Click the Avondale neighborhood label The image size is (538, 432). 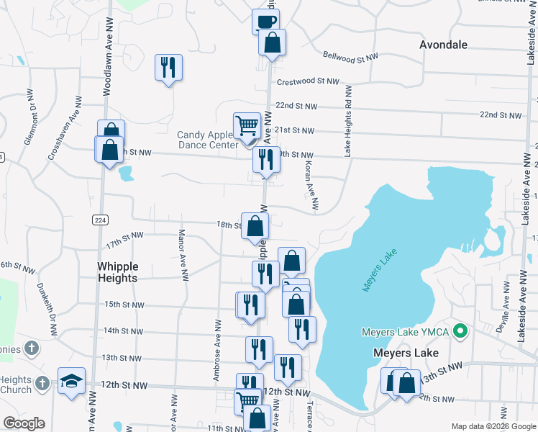coord(443,45)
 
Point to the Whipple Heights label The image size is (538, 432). coord(117,272)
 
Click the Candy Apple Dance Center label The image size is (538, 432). coord(208,140)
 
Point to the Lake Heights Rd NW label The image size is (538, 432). coord(348,121)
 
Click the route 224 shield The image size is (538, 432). coord(99,220)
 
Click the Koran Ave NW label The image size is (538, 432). coord(311,186)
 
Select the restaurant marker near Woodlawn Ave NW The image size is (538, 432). coord(168,68)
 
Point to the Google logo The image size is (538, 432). coord(24,423)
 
